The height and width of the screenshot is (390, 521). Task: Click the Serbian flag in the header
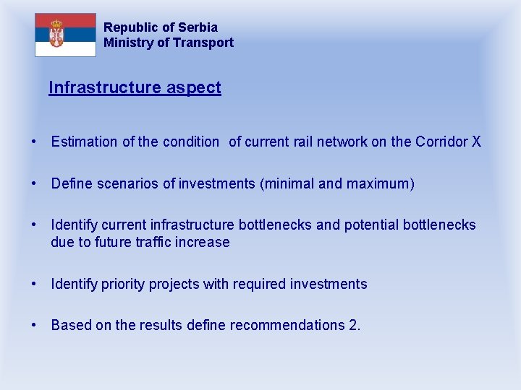tap(65, 35)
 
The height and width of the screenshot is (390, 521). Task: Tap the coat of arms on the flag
tap(56, 33)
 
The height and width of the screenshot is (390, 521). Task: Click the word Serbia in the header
tap(198, 27)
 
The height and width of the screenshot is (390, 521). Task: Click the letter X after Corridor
tap(476, 142)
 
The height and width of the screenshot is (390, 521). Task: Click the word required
tap(259, 285)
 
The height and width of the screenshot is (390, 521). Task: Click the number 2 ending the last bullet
tap(354, 326)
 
